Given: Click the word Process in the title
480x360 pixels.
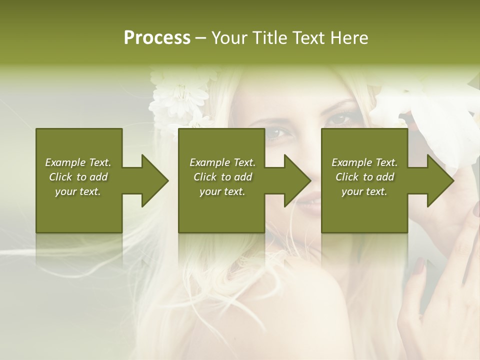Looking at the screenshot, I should click(157, 38).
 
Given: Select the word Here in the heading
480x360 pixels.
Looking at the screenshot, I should click(349, 38).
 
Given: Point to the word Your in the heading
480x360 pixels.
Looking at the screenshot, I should click(228, 38).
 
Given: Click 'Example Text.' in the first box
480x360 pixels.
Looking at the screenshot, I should click(78, 162).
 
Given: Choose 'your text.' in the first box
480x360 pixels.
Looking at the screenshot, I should click(78, 191).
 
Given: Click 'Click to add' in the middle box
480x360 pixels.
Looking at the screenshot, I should click(222, 177).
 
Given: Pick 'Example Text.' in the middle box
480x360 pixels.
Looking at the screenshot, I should click(222, 162).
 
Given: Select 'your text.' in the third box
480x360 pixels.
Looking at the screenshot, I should click(364, 191).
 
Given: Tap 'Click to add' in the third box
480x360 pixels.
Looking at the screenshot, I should click(364, 177).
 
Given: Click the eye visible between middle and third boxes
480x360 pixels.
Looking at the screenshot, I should click(277, 133).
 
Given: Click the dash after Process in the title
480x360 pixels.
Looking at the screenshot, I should click(201, 38).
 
